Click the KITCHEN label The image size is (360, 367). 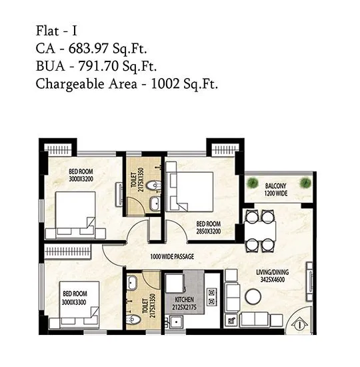(x=185, y=300)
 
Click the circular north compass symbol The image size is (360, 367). (x=299, y=325)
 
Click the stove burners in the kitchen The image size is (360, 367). (x=212, y=294)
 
